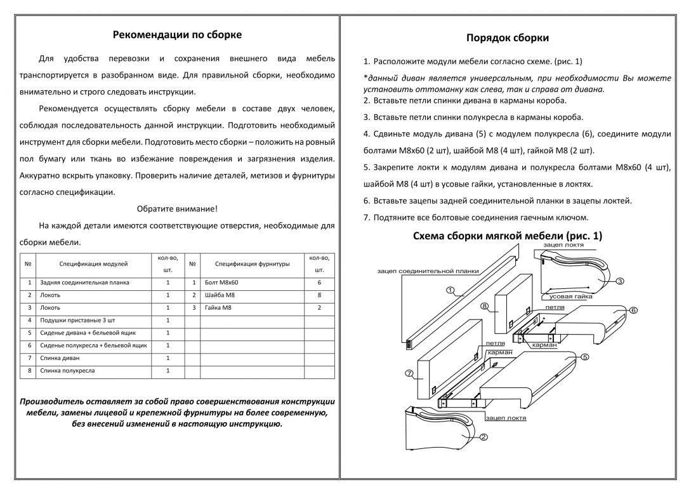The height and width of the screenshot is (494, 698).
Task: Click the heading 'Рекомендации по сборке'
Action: [x=177, y=35]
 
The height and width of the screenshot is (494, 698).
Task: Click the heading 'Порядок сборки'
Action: [x=508, y=38]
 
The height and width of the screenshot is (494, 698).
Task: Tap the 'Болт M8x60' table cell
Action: [x=221, y=283]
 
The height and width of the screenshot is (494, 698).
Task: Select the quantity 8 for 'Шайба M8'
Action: [x=319, y=295]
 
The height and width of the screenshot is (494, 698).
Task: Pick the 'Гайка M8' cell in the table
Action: [x=219, y=308]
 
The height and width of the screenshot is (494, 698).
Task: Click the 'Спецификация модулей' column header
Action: [x=94, y=263]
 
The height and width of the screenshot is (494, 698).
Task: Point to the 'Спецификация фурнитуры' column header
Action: [x=252, y=263]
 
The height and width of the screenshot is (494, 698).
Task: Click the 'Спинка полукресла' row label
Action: [x=67, y=370]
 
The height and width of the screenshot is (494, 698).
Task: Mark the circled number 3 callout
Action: [x=619, y=281]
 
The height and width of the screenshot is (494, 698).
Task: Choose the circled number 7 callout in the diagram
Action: [x=409, y=373]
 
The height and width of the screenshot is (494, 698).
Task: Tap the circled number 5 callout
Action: [x=584, y=357]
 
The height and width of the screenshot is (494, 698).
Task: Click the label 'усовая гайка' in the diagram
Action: [x=570, y=297]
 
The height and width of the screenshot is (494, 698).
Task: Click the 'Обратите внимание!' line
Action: [x=177, y=208]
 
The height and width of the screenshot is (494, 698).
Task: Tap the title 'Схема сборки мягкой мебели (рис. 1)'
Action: [x=508, y=236]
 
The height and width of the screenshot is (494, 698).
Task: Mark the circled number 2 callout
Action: [x=484, y=437]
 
